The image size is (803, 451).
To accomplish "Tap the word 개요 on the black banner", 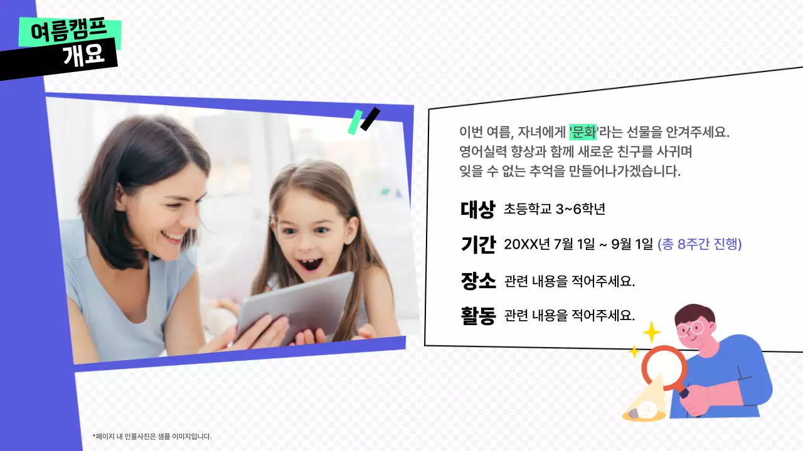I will (83, 56).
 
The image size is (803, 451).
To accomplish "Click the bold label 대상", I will (477, 210).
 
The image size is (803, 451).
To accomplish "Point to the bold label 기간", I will (477, 244).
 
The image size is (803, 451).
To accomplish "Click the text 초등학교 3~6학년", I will (554, 210).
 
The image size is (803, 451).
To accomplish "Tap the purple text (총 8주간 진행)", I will (699, 244).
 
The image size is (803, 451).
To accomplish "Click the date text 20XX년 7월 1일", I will (549, 244).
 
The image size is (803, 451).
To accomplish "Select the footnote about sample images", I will (152, 436).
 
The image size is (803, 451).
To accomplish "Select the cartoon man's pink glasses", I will (693, 329).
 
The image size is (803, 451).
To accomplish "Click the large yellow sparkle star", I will (652, 331).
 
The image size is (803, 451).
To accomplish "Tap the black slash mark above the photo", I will (370, 119).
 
